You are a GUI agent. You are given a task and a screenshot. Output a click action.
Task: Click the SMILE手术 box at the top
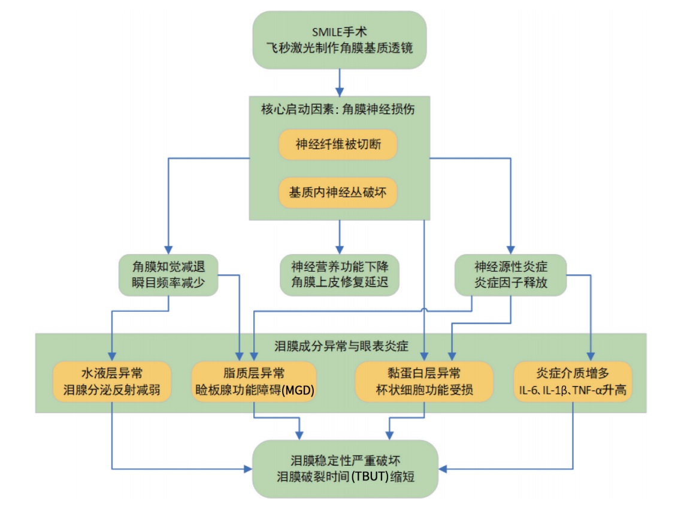click(339, 40)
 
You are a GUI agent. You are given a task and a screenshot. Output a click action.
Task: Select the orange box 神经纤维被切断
click(338, 144)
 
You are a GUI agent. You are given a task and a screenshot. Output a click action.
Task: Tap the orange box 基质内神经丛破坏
click(338, 193)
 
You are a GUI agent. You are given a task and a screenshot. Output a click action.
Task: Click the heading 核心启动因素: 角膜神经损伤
click(339, 110)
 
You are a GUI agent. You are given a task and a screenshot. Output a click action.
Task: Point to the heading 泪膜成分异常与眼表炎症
click(341, 346)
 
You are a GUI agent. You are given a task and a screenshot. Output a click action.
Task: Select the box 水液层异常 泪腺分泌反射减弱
click(112, 382)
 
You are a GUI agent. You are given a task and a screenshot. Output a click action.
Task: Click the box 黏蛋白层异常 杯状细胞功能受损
click(424, 382)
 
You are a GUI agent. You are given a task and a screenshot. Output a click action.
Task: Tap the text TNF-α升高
click(601, 390)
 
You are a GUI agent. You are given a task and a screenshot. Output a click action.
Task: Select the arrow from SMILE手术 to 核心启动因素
click(339, 82)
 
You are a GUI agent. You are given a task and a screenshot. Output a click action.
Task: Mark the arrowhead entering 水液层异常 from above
click(112, 357)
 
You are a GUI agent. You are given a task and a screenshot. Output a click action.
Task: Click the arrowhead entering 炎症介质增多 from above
click(591, 357)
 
